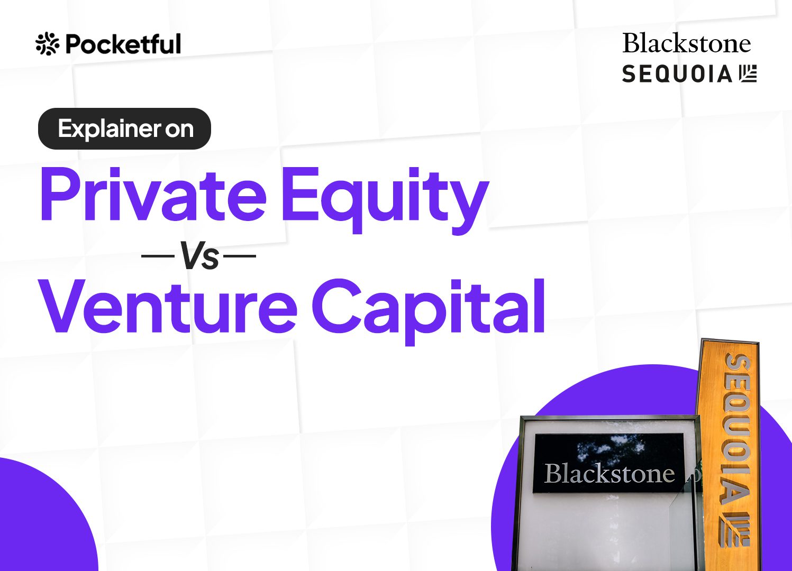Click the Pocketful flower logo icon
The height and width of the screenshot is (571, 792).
pos(47,44)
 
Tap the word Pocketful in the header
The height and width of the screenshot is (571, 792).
pos(123,44)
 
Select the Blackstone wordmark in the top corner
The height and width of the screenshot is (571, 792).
pos(687,43)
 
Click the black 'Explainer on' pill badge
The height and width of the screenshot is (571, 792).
pos(124,128)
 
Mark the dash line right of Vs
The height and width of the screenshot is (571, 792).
pos(240,255)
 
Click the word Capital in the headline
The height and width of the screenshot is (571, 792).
pos(428,311)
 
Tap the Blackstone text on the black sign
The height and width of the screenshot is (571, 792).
pos(609,474)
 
